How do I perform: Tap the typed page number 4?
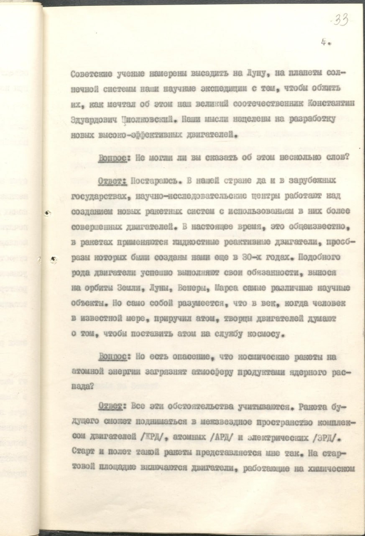point(324,42)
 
